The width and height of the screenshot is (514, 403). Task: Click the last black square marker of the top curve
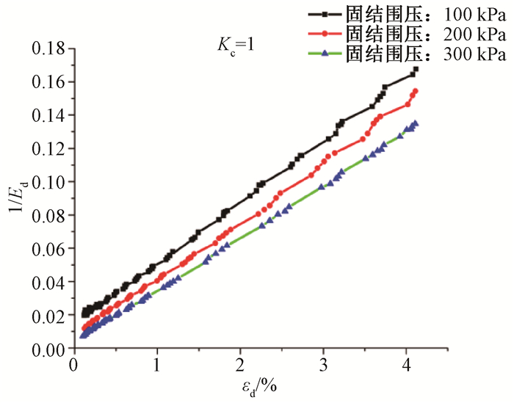pos(416,69)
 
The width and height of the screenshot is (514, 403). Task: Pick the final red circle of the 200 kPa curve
pos(416,91)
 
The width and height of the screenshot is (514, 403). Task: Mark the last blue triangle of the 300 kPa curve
pos(416,124)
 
